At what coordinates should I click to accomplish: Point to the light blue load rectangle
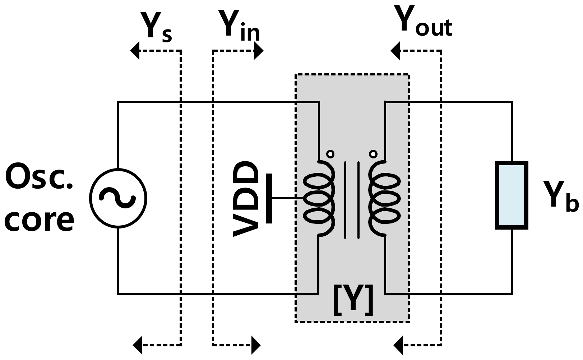point(512,195)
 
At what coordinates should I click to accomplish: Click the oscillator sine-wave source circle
point(118,198)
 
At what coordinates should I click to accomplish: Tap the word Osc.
point(39,177)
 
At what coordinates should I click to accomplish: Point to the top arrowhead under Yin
point(258,51)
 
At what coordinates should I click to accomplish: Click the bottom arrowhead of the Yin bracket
point(256,345)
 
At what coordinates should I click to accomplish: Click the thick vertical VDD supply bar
point(269,198)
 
